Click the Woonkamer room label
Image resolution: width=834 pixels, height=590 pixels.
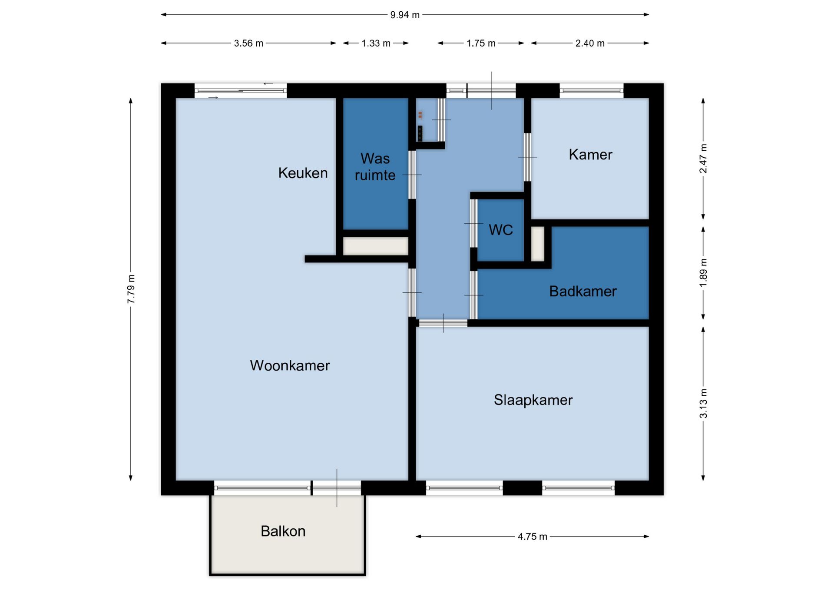tap(290, 365)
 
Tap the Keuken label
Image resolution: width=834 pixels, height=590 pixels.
tap(303, 173)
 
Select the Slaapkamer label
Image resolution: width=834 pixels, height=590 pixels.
tap(533, 400)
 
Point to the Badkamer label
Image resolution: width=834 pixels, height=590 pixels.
tap(583, 291)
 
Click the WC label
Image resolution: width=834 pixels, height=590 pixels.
tap(501, 230)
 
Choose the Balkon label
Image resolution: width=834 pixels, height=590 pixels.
tap(283, 531)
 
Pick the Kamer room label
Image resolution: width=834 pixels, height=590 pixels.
tap(590, 155)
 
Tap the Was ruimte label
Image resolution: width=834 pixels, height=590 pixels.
tap(375, 167)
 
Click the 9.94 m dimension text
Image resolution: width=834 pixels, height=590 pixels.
tap(405, 15)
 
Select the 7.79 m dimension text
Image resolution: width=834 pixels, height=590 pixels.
tap(131, 289)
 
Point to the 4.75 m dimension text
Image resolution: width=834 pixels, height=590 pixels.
tap(532, 537)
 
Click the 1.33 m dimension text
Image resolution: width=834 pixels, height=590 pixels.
tap(376, 43)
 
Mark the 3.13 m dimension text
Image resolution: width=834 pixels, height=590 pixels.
tap(703, 404)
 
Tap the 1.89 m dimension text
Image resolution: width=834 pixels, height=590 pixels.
tap(703, 272)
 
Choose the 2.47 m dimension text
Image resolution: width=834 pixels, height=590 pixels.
tap(703, 159)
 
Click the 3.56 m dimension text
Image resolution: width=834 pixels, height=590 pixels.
tap(248, 43)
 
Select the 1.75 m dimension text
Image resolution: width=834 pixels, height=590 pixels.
tap(481, 43)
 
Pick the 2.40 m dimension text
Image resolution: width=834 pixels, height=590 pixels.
tap(590, 43)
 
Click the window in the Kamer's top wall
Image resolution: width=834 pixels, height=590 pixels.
tap(591, 91)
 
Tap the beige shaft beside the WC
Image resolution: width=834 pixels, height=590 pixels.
tap(538, 244)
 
